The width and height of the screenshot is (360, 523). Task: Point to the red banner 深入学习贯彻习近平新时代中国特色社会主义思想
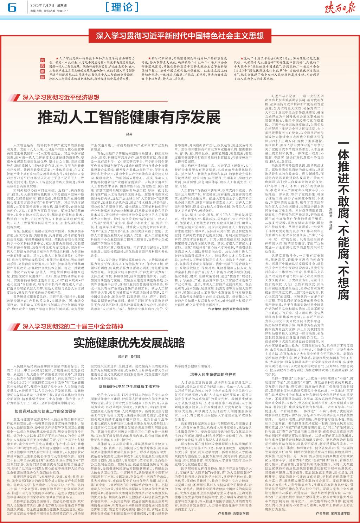[x=180, y=36]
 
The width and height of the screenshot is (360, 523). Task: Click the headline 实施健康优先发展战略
[x=129, y=343]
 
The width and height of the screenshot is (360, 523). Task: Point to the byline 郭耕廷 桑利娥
[x=129, y=356]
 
